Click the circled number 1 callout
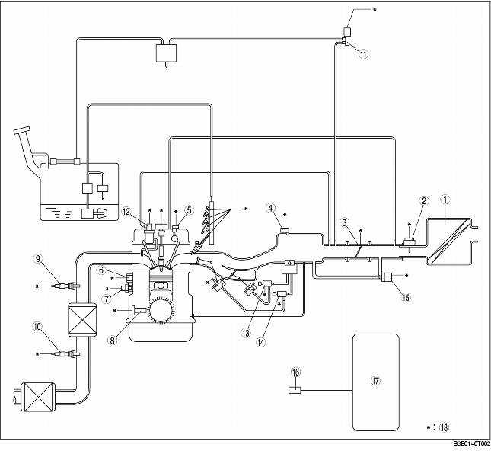pos(445,200)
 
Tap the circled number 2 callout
pos(424,201)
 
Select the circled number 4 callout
pos(271,208)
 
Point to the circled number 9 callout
pos(38,259)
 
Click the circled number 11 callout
pos(363,54)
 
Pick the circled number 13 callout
pos(246,333)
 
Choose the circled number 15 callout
pos(406,297)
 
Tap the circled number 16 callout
pos(295,372)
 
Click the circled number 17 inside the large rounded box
pos(375,381)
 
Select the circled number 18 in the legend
pos(444,427)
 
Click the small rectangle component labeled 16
pos(295,391)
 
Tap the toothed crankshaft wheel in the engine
pos(161,309)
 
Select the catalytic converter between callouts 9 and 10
pos(82,319)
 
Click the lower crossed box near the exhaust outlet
pos(38,397)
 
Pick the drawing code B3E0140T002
pos(472,443)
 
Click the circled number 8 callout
pos(113,340)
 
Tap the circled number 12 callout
pos(126,212)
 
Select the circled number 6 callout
pos(101,270)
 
